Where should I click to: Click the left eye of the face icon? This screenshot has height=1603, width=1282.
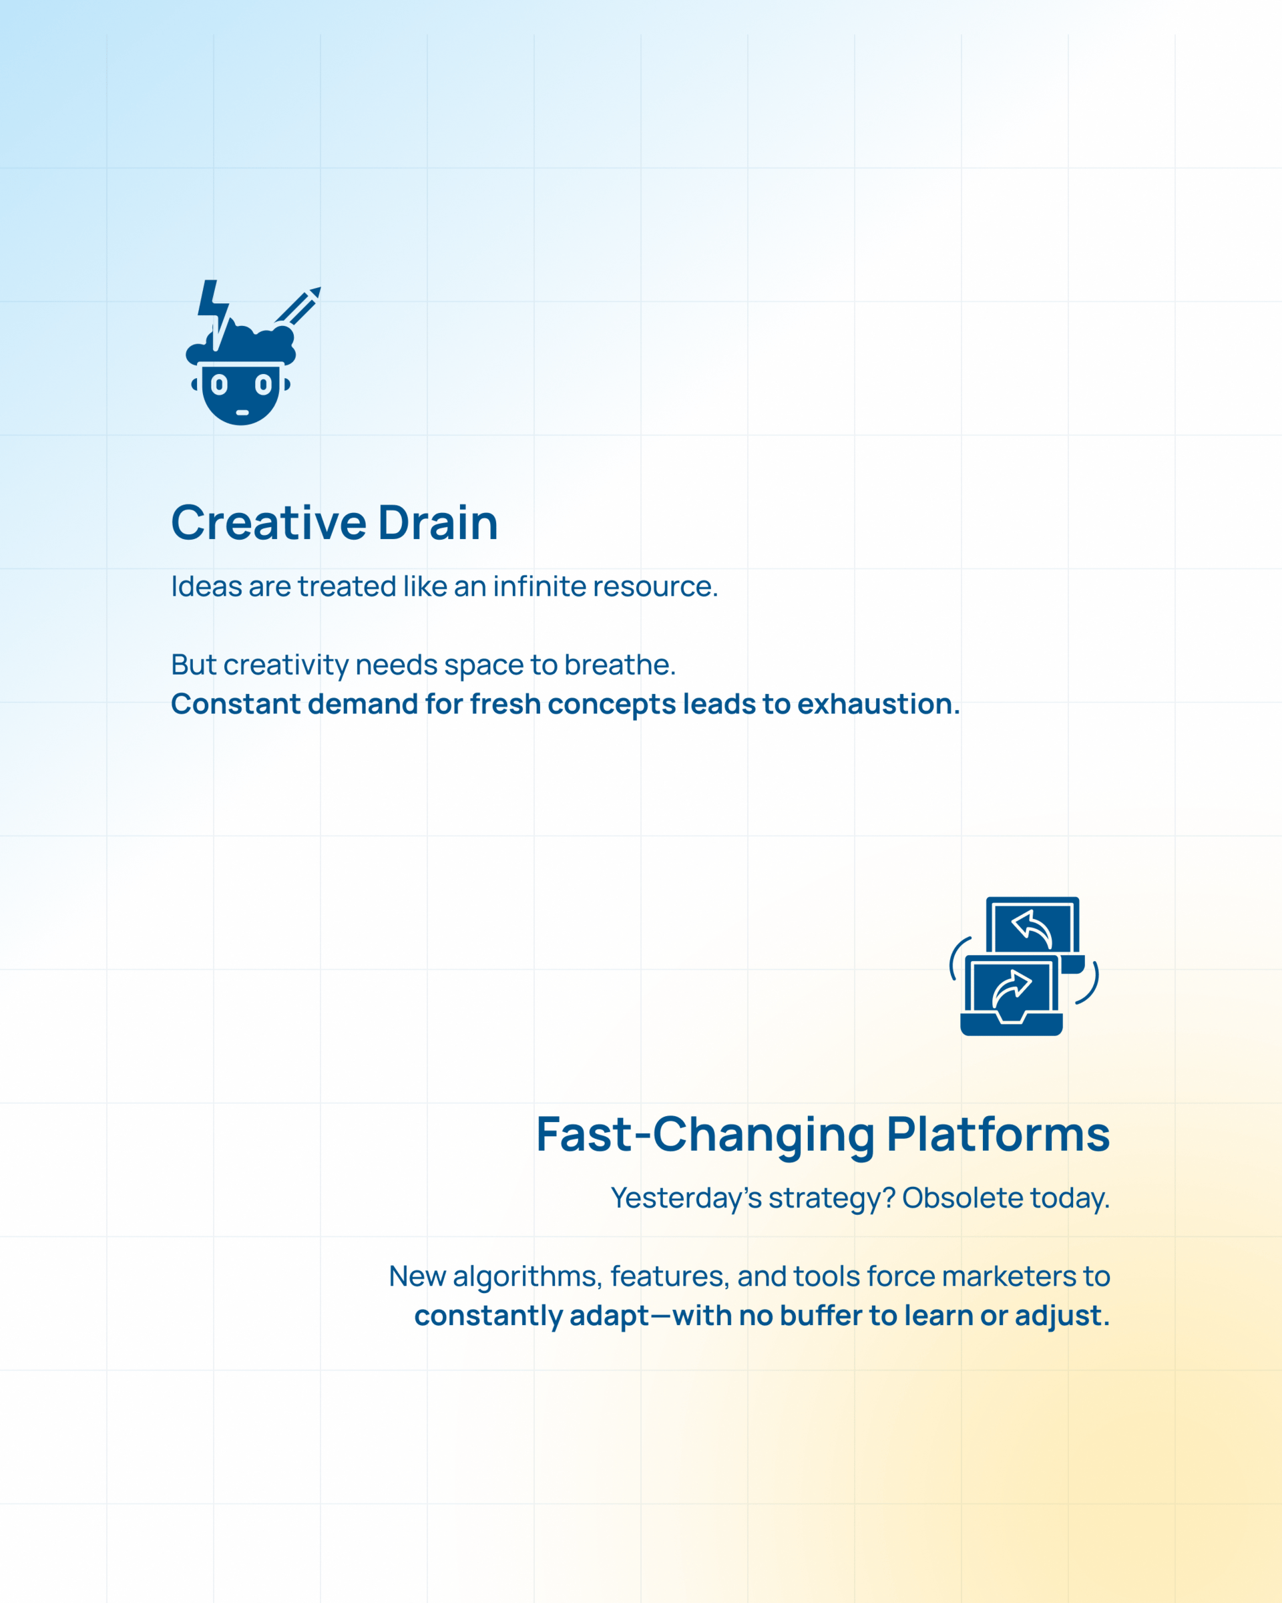pyautogui.click(x=218, y=385)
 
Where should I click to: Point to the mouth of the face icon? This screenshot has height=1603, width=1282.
pyautogui.click(x=242, y=413)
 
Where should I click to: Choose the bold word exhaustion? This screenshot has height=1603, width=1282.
pyautogui.click(x=879, y=703)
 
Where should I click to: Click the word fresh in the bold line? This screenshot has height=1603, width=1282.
pyautogui.click(x=505, y=703)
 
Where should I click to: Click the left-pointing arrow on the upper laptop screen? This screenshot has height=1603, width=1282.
pyautogui.click(x=1032, y=929)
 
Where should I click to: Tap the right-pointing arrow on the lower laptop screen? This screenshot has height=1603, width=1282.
pyautogui.click(x=1012, y=991)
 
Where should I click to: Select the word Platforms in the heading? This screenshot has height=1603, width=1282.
pyautogui.click(x=998, y=1135)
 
